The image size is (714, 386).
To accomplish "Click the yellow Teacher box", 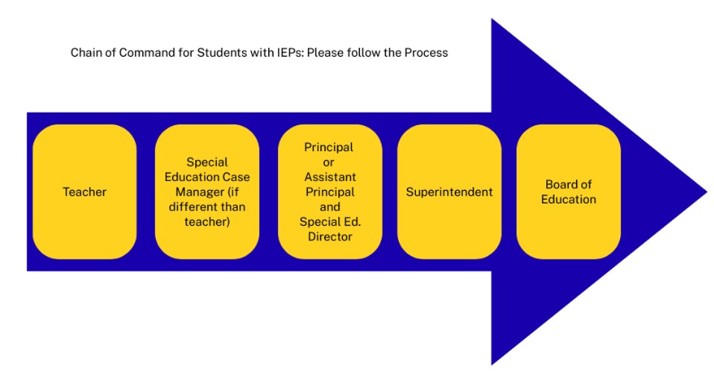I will click(84, 192).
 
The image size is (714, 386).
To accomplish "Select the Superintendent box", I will click(449, 192).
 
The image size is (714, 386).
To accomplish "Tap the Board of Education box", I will click(569, 192).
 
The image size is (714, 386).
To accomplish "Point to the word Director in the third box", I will click(329, 236).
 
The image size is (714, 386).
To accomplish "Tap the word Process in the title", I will click(426, 53).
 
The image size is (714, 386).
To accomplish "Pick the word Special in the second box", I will click(207, 162).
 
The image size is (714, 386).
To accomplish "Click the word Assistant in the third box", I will click(330, 177).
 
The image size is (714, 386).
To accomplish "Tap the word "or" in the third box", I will click(330, 162).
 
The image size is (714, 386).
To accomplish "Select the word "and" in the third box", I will click(330, 206).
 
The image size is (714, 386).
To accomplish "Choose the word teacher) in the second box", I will click(207, 221).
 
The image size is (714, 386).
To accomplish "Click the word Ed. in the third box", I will click(351, 221).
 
